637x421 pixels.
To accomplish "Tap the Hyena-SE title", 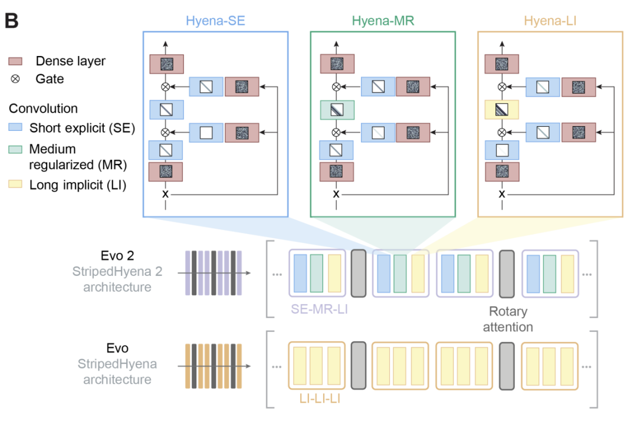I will tap(215, 21).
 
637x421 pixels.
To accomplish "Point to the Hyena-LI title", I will tap(550, 21).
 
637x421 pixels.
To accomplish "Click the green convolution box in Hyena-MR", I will tap(337, 109).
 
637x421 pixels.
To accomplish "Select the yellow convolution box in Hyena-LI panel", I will tap(501, 109).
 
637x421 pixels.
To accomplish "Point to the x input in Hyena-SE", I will tap(166, 194).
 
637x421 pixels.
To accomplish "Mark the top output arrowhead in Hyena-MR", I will tap(337, 44).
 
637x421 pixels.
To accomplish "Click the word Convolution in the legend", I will tap(43, 109).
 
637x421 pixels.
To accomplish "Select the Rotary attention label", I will tap(507, 318).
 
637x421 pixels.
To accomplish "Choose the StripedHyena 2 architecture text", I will tap(117, 279).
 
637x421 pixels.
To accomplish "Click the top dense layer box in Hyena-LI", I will tap(501, 64).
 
